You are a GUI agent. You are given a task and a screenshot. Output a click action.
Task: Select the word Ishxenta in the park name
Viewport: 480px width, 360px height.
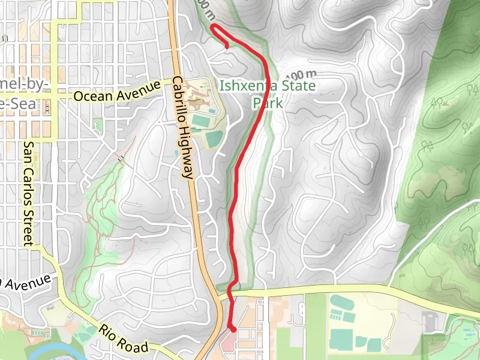click(x=244, y=85)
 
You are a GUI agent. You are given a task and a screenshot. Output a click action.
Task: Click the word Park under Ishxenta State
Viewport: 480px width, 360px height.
click(x=267, y=103)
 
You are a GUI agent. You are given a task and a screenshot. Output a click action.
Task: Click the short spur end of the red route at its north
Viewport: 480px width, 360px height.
click(x=227, y=46)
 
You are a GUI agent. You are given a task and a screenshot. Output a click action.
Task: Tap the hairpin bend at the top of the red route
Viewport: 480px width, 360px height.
click(x=213, y=27)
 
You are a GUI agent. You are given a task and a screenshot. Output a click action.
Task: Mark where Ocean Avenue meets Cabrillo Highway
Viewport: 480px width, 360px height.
click(x=174, y=85)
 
